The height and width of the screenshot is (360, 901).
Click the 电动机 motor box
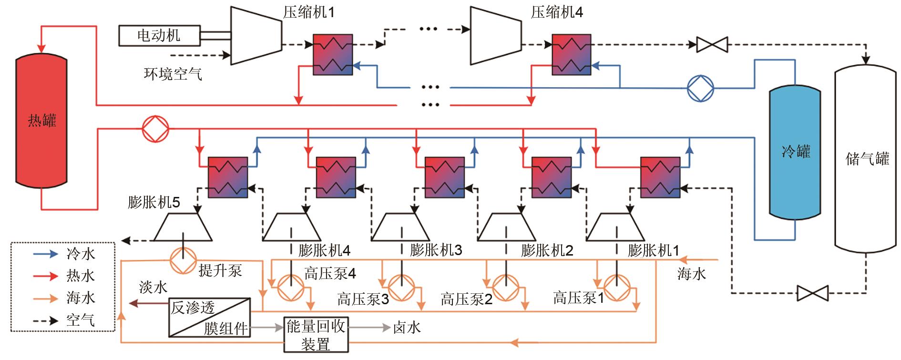pyautogui.click(x=159, y=35)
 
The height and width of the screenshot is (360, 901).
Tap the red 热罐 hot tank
pyautogui.click(x=42, y=121)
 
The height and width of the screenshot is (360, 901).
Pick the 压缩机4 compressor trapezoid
pyautogui.click(x=496, y=35)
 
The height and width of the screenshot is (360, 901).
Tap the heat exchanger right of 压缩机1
pyautogui.click(x=332, y=54)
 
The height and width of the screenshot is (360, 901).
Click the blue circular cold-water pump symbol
pyautogui.click(x=700, y=88)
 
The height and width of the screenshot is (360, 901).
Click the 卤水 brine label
pyautogui.click(x=407, y=327)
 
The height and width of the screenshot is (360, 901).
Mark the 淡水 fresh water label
pyautogui.click(x=153, y=287)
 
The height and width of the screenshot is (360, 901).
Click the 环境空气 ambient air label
pyautogui.click(x=173, y=73)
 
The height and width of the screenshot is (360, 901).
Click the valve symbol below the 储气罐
pyautogui.click(x=812, y=292)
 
